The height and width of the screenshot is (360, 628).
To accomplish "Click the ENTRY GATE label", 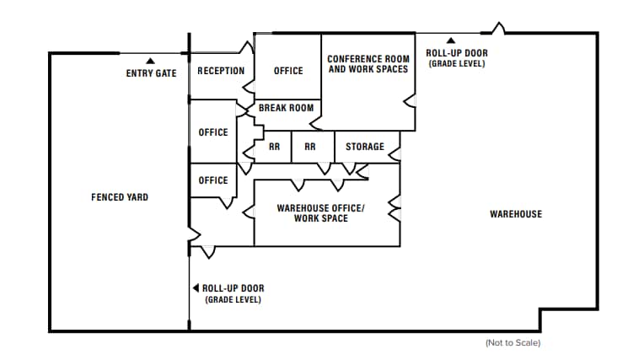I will point(152,73).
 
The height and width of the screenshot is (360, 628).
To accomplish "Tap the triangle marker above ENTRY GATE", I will point(151,61).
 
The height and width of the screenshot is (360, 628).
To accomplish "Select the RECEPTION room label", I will point(221,71).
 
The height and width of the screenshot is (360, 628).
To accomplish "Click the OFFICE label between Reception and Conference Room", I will point(288,71).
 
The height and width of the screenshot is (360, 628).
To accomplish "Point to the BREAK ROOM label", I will point(286,108).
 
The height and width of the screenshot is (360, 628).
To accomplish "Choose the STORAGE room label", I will point(365,147).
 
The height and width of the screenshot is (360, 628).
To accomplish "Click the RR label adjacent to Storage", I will point(310,147).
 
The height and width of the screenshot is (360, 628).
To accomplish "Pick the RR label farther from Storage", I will point(275,147).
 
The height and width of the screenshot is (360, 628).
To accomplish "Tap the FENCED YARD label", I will point(120,197).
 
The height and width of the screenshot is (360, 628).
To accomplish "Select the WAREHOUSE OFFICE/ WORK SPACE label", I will point(320,213).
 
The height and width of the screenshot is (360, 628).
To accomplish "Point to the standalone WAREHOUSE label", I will point(516,214).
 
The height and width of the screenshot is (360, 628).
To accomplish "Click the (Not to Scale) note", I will point(513,343).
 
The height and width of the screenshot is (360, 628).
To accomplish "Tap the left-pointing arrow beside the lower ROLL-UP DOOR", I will point(196,288).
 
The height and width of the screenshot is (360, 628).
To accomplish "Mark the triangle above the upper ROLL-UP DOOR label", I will point(451,40).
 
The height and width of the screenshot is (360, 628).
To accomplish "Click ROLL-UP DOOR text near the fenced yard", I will point(233,288).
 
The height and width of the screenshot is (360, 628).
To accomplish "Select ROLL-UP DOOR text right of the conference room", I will point(456,53).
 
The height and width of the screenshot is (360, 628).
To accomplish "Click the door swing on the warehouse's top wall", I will point(498,28).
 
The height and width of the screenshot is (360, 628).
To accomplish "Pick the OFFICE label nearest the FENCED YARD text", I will point(213,180).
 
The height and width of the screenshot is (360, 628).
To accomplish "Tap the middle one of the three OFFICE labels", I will point(213,132).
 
